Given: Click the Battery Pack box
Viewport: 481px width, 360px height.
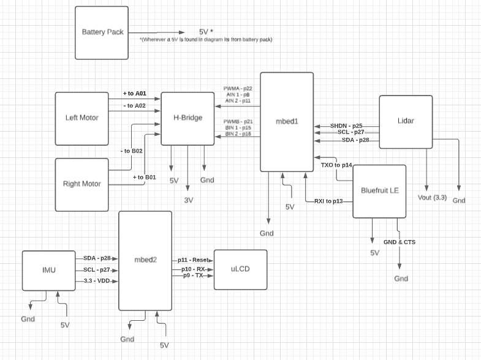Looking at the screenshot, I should click(x=102, y=32).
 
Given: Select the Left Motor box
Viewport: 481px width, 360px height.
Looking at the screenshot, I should click(x=81, y=118).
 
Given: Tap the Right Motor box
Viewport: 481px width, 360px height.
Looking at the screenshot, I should click(x=81, y=184).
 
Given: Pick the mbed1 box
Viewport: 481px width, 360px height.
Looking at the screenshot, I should click(x=286, y=122).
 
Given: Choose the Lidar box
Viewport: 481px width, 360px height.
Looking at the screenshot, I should click(x=406, y=121).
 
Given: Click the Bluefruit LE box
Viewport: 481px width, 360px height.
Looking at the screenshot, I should click(x=379, y=191).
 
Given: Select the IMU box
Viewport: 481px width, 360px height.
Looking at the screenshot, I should click(x=48, y=271).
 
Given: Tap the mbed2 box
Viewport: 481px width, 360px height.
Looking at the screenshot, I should click(x=145, y=260).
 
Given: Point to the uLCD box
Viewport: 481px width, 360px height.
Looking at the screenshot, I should click(x=240, y=269).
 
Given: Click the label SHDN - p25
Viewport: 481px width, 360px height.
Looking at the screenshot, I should click(x=347, y=126).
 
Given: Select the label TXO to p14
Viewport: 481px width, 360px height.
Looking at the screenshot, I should click(x=336, y=165).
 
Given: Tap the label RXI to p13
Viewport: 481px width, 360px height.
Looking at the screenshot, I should click(x=328, y=201).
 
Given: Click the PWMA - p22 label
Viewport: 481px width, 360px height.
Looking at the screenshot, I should click(x=238, y=89).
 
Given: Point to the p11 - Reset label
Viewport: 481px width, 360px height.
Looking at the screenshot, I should click(x=195, y=260).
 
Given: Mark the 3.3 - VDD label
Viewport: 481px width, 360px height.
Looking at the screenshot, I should click(x=97, y=281).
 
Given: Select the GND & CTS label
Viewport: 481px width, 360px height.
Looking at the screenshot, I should click(x=399, y=242).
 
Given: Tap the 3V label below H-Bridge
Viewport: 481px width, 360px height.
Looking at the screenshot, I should click(x=189, y=200).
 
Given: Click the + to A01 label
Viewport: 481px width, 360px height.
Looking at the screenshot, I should click(x=134, y=94).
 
